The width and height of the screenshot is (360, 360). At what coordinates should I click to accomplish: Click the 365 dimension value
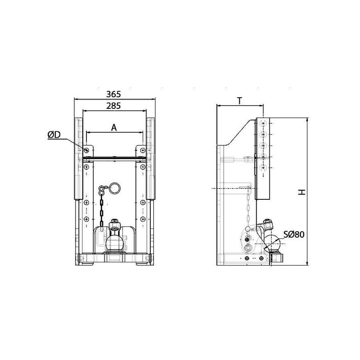pyautogui.click(x=113, y=94)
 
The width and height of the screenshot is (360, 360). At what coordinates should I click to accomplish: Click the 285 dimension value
pyautogui.click(x=113, y=106)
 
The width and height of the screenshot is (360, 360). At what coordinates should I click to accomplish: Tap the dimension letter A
pyautogui.click(x=114, y=128)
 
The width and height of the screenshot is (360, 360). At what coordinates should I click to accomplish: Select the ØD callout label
pyautogui.click(x=54, y=135)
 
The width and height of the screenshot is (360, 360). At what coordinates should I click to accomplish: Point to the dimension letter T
pyautogui.click(x=240, y=101)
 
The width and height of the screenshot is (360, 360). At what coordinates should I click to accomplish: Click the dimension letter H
pyautogui.click(x=301, y=192)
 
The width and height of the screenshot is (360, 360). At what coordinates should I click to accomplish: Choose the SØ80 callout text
pyautogui.click(x=294, y=234)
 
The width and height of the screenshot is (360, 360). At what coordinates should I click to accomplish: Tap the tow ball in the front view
pyautogui.click(x=114, y=242)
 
